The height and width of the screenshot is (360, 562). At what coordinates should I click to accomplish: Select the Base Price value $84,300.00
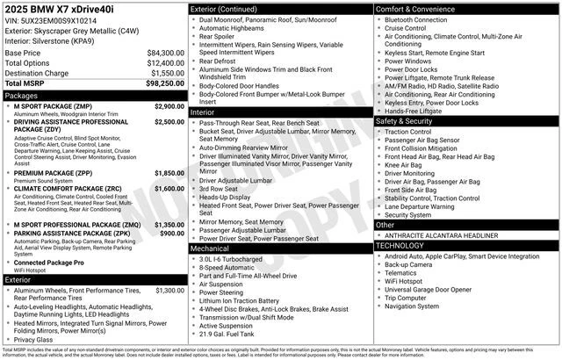pyautogui.click(x=165, y=53)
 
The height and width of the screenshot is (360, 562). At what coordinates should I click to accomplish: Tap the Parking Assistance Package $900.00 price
pyautogui.click(x=172, y=234)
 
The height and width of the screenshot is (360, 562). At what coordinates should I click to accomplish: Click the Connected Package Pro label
pyautogui.click(x=49, y=263)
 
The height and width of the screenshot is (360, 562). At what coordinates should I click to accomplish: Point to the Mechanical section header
pyautogui.click(x=210, y=248)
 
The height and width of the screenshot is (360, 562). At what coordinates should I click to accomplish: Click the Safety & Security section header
pyautogui.click(x=410, y=121)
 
